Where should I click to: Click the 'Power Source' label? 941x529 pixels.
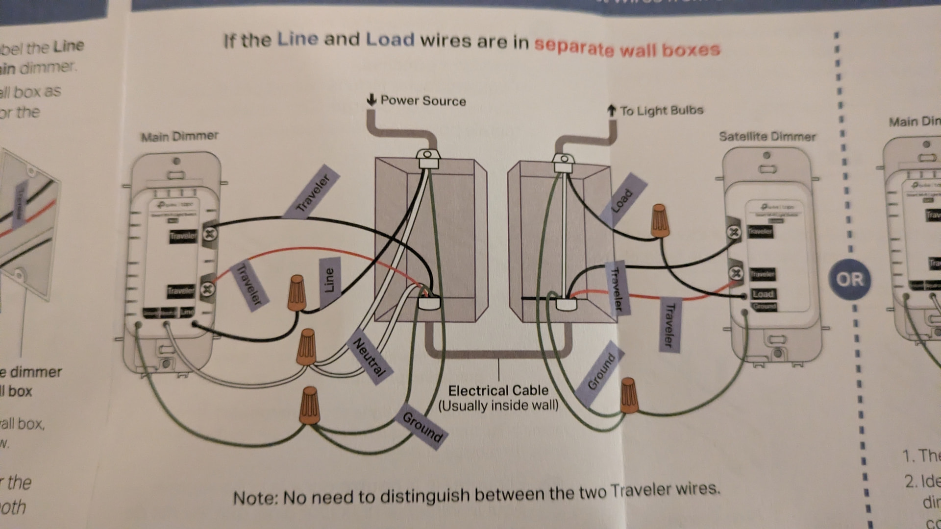(422, 101)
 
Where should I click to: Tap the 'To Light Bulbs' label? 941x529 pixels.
(661, 111)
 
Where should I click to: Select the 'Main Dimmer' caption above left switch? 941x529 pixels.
(179, 136)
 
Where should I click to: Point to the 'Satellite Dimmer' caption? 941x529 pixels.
(767, 137)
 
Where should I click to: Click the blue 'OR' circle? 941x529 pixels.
(849, 279)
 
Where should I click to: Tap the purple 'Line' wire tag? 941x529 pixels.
(329, 281)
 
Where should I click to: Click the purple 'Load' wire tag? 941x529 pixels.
(623, 199)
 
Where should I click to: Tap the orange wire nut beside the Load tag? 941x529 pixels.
(660, 221)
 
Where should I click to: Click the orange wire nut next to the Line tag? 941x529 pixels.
(297, 293)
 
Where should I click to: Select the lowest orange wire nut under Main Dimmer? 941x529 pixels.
(309, 406)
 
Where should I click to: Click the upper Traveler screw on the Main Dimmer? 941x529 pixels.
(210, 234)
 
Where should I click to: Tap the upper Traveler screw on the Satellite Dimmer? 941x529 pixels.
(734, 232)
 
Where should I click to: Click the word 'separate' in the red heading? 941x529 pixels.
(574, 47)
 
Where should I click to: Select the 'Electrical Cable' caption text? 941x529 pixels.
(498, 391)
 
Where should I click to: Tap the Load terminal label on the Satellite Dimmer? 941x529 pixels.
(763, 294)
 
